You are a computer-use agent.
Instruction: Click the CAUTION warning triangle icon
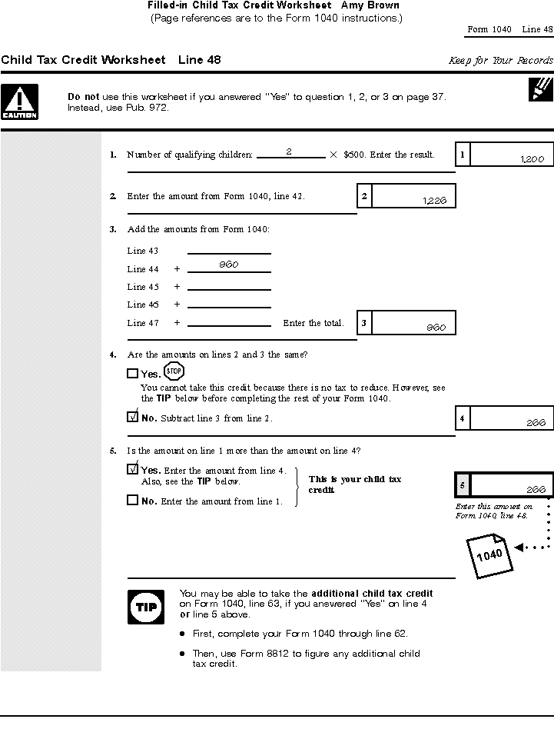[x=19, y=102]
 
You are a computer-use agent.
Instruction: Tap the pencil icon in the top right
[x=541, y=88]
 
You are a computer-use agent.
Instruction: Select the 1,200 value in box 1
[x=532, y=159]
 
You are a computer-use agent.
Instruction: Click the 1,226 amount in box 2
[x=434, y=201]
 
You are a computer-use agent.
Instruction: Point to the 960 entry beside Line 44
[x=228, y=265]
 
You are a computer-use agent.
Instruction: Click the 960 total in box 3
[x=436, y=328]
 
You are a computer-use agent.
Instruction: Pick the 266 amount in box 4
[x=536, y=423]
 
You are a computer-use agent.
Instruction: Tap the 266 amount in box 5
[x=536, y=490]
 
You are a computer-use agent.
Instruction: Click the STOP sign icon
[x=174, y=371]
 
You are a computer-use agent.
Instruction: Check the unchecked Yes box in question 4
[x=132, y=374]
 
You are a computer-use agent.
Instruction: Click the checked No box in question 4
[x=132, y=418]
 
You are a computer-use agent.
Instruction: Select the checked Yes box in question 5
[x=132, y=469]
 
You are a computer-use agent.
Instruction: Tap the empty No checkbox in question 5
[x=132, y=500]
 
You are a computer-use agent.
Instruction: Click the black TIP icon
[x=145, y=607]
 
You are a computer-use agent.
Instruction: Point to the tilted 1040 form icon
[x=489, y=554]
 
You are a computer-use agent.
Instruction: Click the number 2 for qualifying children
[x=288, y=152]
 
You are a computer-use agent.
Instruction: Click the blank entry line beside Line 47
[x=229, y=323]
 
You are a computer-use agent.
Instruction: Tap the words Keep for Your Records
[x=500, y=61]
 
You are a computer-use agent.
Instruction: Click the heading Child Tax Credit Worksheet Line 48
[x=111, y=60]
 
